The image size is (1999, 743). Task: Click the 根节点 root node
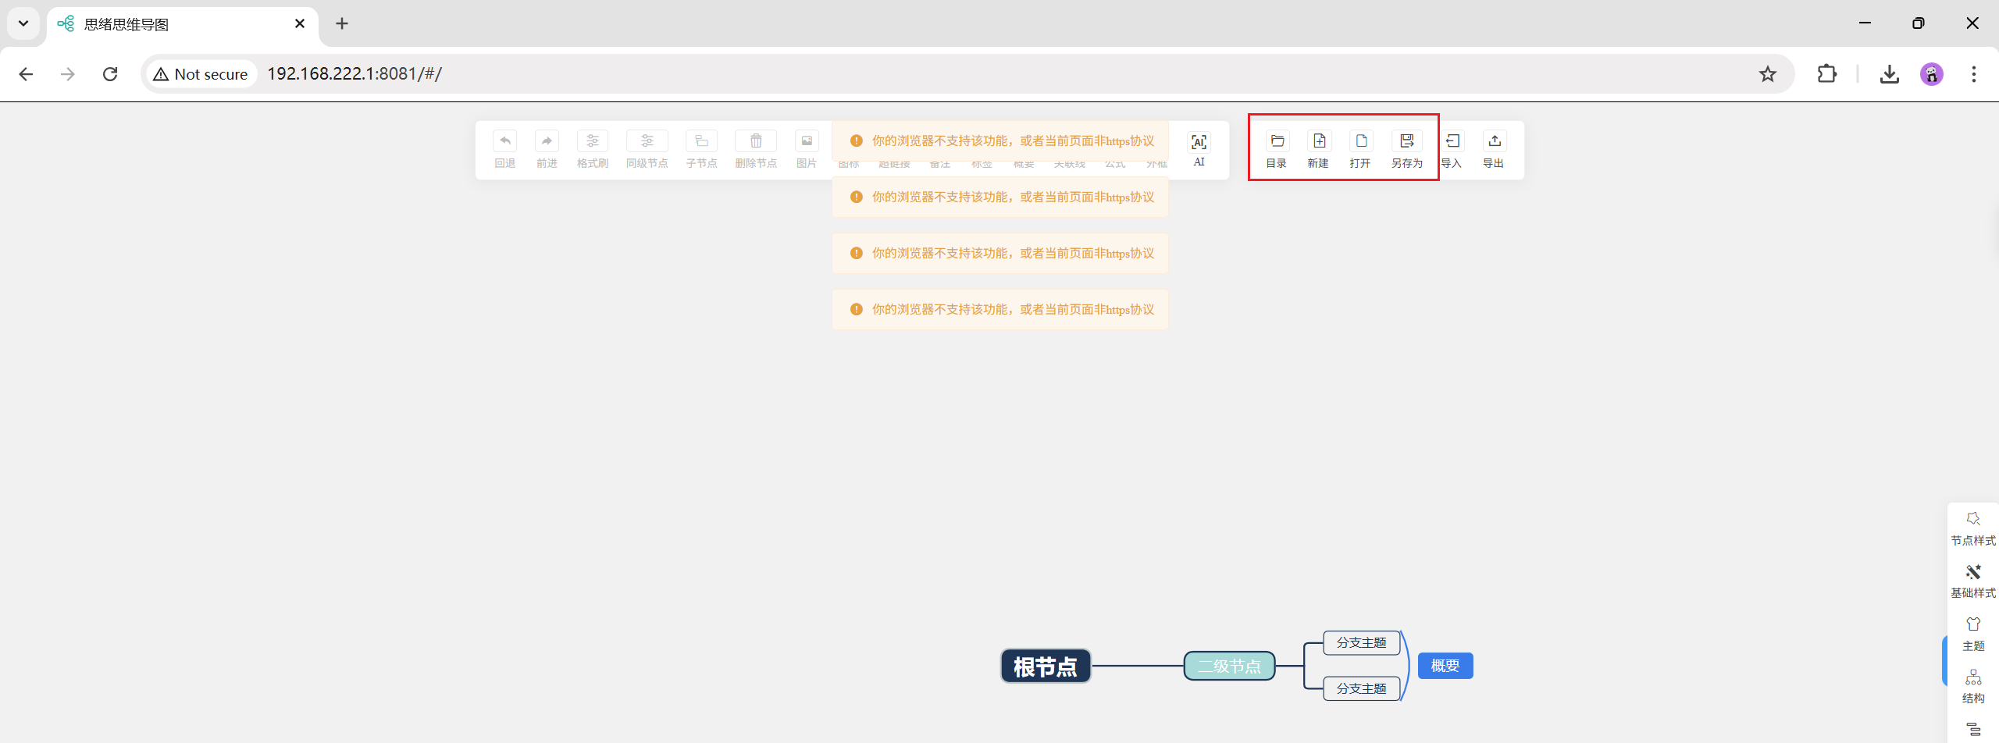coord(1045,667)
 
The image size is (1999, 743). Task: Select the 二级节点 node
coord(1229,667)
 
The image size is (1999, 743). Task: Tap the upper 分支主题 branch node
coord(1361,643)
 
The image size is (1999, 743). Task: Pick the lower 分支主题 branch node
coord(1361,688)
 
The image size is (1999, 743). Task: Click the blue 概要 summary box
coord(1445,666)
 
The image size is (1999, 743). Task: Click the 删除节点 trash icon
coord(756,141)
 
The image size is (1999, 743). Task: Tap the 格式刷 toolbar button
coord(593,141)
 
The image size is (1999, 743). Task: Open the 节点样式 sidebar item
coord(1972,520)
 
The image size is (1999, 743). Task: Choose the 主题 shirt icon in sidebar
coord(1972,625)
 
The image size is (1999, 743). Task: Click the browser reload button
coord(110,74)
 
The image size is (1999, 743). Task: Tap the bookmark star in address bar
coord(1767,74)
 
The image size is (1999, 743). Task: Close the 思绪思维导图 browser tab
coord(300,23)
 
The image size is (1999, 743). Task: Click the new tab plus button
coord(342,23)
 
